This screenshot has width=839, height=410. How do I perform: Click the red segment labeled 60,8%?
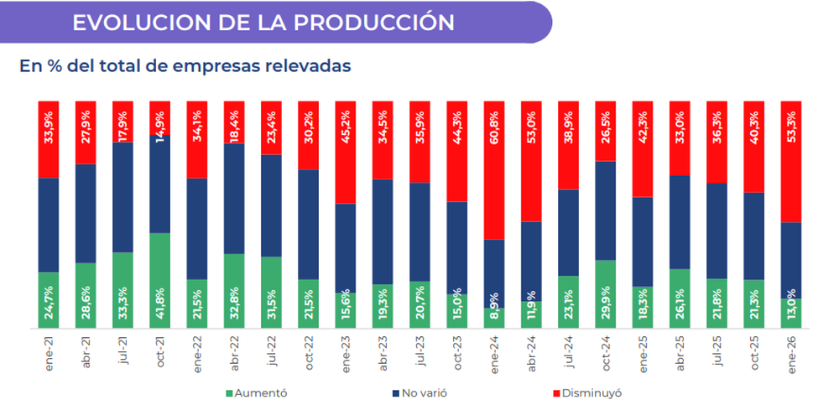coord(494,170)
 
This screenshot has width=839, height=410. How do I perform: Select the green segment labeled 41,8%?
coord(159,280)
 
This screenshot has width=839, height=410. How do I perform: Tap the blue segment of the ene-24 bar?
coord(494,273)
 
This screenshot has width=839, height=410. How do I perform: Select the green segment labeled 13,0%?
coord(790,314)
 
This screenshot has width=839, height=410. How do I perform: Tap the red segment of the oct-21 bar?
coord(159,117)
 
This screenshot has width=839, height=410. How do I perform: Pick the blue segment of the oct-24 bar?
coord(605,210)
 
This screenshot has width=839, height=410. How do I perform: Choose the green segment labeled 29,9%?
coord(605,293)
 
